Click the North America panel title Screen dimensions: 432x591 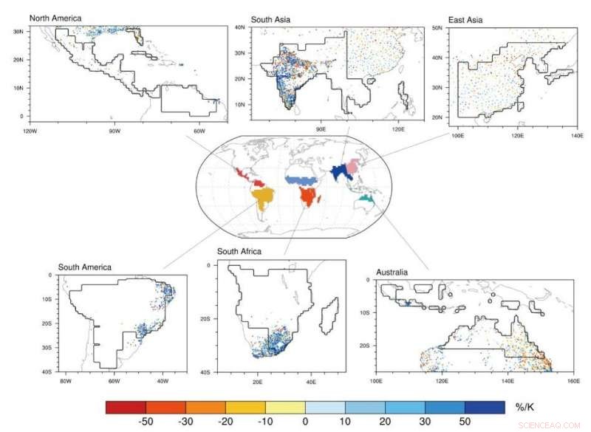pyautogui.click(x=55, y=18)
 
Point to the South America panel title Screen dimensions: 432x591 pyautogui.click(x=85, y=267)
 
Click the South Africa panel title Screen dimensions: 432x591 pyautogui.click(x=239, y=252)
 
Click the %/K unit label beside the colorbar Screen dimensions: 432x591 pyautogui.click(x=525, y=407)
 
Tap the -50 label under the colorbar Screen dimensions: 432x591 pyautogui.click(x=145, y=422)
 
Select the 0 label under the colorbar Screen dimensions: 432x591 pyautogui.click(x=305, y=422)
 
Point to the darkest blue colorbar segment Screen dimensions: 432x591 pyautogui.click(x=485, y=407)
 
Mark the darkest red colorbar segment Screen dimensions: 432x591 pyautogui.click(x=126, y=407)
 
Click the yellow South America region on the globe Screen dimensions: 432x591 pyautogui.click(x=264, y=197)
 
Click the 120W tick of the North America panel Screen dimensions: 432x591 pyautogui.click(x=30, y=131)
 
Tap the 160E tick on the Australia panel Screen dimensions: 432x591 pyautogui.click(x=573, y=382)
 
